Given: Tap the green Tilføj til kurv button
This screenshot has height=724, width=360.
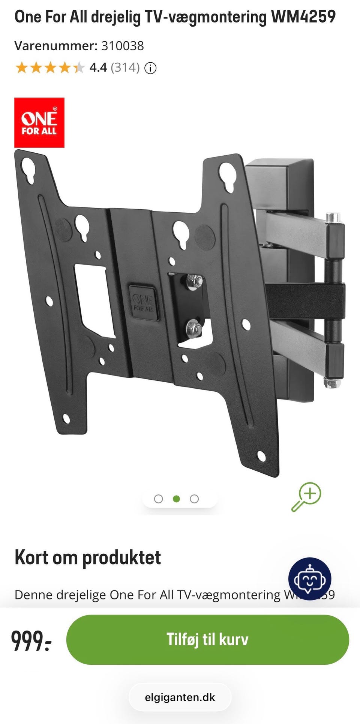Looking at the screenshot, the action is coord(207,640).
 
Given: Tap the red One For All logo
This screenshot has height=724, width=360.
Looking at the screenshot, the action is coord(39,123).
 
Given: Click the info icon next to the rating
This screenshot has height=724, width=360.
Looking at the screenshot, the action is coord(150,68).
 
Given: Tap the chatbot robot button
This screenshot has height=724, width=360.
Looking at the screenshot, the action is coord(310,579).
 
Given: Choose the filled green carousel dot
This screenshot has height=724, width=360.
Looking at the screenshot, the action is coord(176,499).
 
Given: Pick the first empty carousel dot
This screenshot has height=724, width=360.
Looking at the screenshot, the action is coord(159,499).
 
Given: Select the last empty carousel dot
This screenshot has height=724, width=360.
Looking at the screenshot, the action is coord(194,499).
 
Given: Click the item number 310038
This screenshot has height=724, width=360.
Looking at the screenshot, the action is coord(123,46).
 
